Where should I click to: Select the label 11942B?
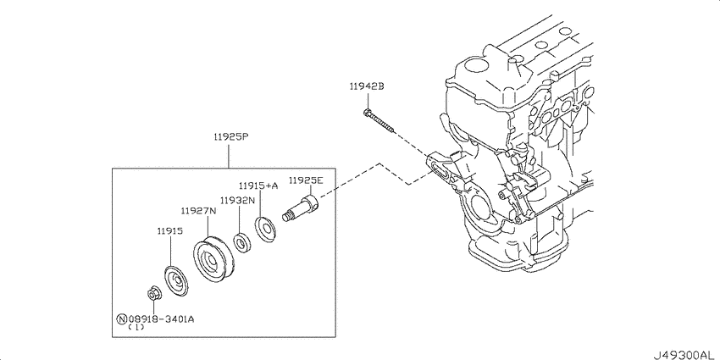[366, 86]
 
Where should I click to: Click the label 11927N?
[197, 210]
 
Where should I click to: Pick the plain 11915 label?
[169, 230]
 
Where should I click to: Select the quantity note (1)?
[136, 329]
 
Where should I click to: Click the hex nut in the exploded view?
[155, 295]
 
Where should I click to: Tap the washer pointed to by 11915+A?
[264, 229]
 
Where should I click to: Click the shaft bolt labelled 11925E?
[302, 208]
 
